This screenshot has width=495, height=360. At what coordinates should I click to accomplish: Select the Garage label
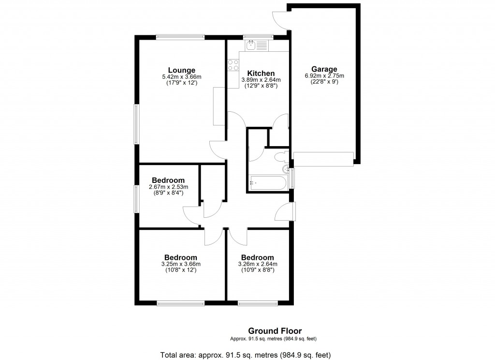click(x=324, y=69)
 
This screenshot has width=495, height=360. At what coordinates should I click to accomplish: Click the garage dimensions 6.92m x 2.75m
click(x=324, y=76)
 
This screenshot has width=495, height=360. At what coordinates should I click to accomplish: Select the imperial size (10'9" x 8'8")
click(x=258, y=270)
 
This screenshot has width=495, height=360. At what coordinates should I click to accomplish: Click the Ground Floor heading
click(x=275, y=331)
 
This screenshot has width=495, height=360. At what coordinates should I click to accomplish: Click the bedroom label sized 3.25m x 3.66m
click(x=181, y=257)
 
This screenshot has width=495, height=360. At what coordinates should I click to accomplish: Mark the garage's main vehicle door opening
click(x=324, y=158)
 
